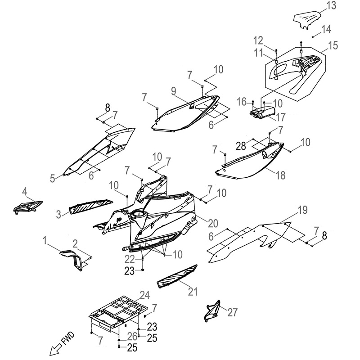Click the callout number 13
click(x=331, y=5)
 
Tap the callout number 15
click(x=333, y=45)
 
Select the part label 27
click(x=232, y=312)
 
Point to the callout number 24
click(x=144, y=295)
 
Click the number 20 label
click(x=212, y=223)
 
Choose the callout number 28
click(x=241, y=146)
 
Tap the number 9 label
click(x=174, y=91)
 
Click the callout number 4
click(x=25, y=192)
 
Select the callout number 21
click(x=193, y=292)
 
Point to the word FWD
click(x=68, y=338)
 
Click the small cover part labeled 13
click(x=306, y=21)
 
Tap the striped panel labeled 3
click(x=91, y=206)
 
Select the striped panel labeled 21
click(x=177, y=277)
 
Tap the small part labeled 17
click(x=262, y=112)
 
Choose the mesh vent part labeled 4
click(x=28, y=207)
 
